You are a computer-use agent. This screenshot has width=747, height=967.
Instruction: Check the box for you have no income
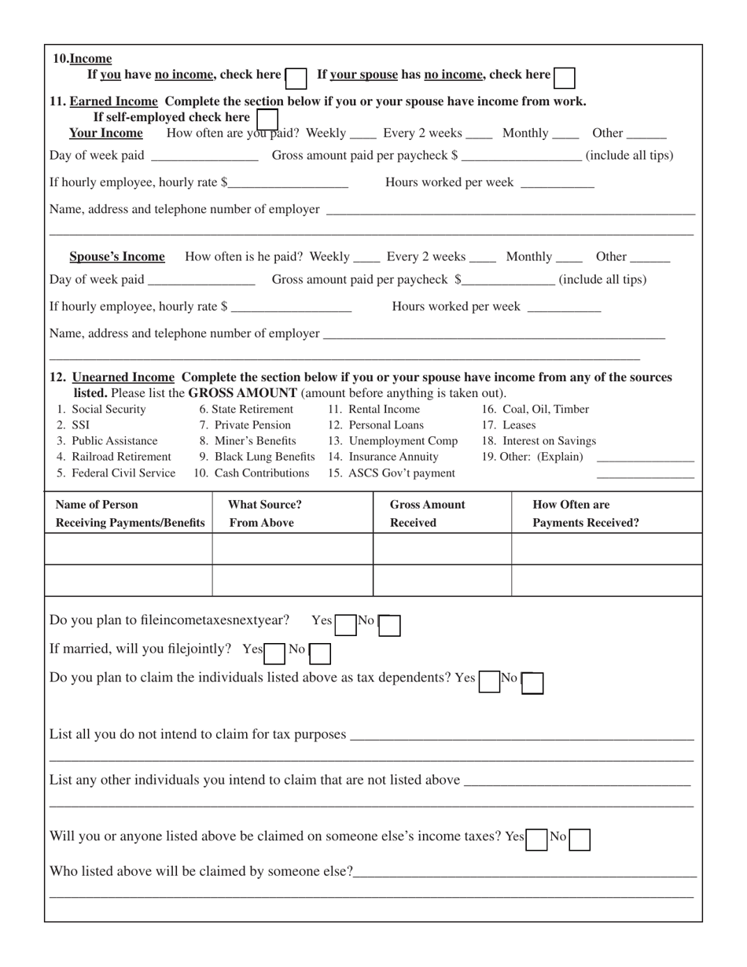pyautogui.click(x=296, y=77)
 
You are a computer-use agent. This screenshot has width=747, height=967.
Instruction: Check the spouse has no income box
pyautogui.click(x=564, y=77)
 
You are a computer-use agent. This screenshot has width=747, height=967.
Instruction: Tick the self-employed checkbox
pyautogui.click(x=267, y=118)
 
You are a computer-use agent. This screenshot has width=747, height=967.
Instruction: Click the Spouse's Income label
pyautogui.click(x=117, y=256)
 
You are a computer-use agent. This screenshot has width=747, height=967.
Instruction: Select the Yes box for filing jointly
pyautogui.click(x=274, y=652)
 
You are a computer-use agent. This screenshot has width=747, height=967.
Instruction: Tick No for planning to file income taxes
pyautogui.click(x=390, y=624)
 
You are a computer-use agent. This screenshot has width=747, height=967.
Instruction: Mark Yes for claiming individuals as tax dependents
pyautogui.click(x=490, y=681)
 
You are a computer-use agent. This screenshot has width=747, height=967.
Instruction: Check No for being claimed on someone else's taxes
pyautogui.click(x=580, y=840)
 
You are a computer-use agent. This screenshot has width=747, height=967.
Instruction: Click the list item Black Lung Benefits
pyautogui.click(x=257, y=457)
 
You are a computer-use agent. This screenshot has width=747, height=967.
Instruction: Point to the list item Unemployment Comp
pyautogui.click(x=393, y=440)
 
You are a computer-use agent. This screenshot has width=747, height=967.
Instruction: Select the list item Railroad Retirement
pyautogui.click(x=114, y=457)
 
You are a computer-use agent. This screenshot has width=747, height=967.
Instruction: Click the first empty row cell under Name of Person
pyautogui.click(x=128, y=549)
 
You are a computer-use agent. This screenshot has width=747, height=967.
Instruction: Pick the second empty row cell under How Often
pyautogui.click(x=606, y=580)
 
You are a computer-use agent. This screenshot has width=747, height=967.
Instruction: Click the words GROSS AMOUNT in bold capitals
pyautogui.click(x=243, y=392)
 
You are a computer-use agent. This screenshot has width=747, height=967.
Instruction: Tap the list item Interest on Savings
pyautogui.click(x=539, y=440)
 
